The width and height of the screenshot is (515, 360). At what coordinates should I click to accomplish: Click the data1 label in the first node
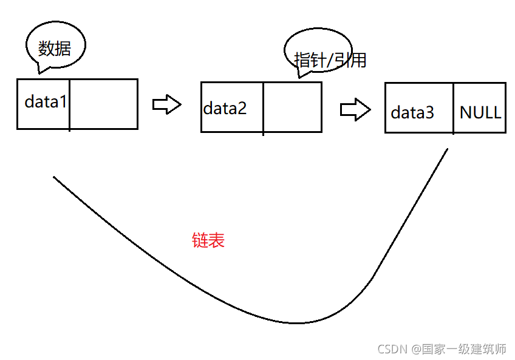click(x=46, y=101)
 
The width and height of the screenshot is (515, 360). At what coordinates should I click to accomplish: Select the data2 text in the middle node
click(x=225, y=109)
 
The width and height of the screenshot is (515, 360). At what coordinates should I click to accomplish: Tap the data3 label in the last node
click(x=412, y=112)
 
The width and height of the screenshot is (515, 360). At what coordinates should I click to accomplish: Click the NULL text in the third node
click(x=480, y=112)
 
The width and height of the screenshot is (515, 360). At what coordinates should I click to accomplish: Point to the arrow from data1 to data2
click(x=166, y=104)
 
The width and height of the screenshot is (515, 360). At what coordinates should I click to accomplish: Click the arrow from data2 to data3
click(x=355, y=110)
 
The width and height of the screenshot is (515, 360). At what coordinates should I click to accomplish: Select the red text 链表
click(x=208, y=241)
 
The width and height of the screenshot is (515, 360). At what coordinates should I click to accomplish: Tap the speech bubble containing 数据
click(x=55, y=47)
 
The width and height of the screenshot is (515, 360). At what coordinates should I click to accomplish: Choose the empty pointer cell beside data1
click(x=104, y=104)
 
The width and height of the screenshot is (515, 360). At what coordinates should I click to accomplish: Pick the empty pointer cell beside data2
click(x=292, y=107)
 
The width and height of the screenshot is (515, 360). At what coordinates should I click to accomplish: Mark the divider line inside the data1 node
click(x=70, y=104)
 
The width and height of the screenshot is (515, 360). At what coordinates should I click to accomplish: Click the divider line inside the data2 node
click(x=263, y=107)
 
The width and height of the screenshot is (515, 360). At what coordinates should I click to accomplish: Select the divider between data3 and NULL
click(x=453, y=108)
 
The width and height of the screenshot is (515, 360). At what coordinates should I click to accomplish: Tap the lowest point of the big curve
click(x=296, y=322)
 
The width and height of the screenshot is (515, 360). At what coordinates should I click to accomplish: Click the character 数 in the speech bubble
click(x=47, y=48)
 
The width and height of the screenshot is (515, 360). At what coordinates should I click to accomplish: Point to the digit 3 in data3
click(x=430, y=112)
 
